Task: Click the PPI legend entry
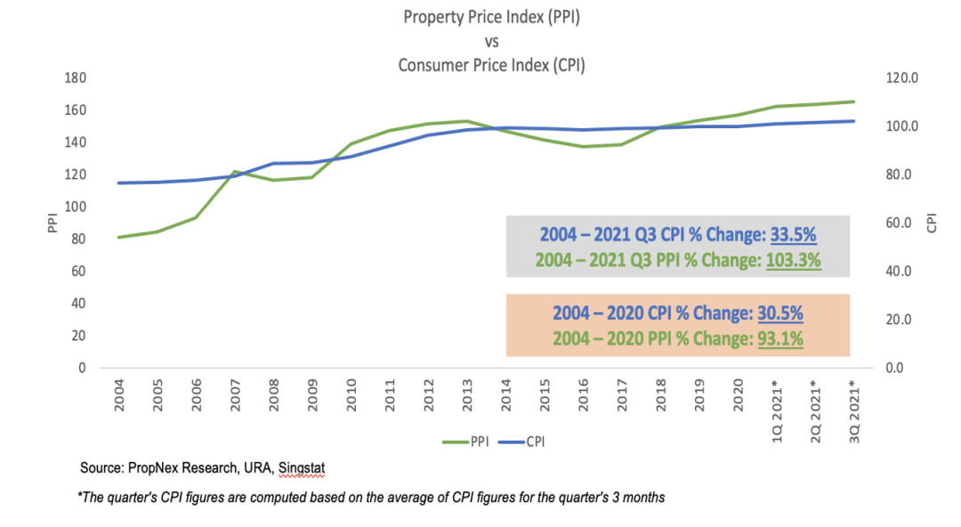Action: pyautogui.click(x=465, y=442)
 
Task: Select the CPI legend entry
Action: pyautogui.click(x=521, y=442)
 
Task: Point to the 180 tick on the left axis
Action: pyautogui.click(x=76, y=78)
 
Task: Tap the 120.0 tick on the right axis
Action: pyautogui.click(x=902, y=78)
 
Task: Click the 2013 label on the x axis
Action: pyautogui.click(x=467, y=394)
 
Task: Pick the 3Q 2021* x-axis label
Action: pyautogui.click(x=854, y=411)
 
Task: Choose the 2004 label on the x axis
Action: pyautogui.click(x=119, y=394)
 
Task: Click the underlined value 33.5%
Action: pyautogui.click(x=793, y=234)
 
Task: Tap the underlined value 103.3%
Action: pyautogui.click(x=793, y=260)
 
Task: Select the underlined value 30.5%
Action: pyautogui.click(x=780, y=312)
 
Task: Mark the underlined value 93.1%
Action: pyautogui.click(x=780, y=338)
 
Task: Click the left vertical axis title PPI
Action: pyautogui.click(x=52, y=223)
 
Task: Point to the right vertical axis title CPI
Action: pyautogui.click(x=932, y=223)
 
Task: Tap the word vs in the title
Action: pyautogui.click(x=491, y=42)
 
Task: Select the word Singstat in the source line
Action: pyautogui.click(x=302, y=468)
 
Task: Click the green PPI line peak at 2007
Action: pyautogui.click(x=235, y=172)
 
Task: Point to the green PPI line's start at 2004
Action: pyautogui.click(x=118, y=238)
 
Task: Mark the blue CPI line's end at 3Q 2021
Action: pyautogui.click(x=854, y=121)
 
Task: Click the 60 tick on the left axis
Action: pyautogui.click(x=78, y=272)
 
